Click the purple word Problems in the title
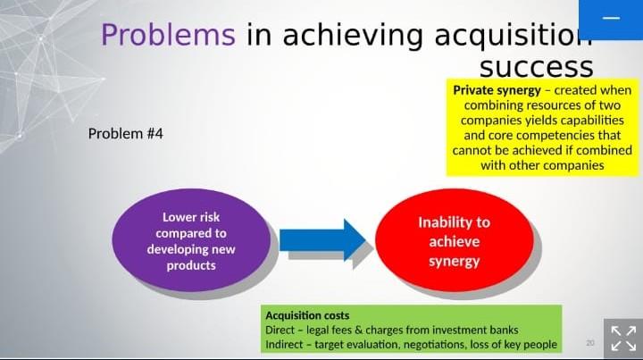click(168, 35)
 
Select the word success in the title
click(536, 67)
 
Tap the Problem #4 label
click(126, 134)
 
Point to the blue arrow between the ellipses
click(321, 239)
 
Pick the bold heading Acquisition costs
click(307, 315)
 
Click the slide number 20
click(590, 343)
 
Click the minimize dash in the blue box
click(611, 19)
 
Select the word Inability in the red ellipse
click(454, 222)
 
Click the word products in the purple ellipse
click(190, 265)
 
